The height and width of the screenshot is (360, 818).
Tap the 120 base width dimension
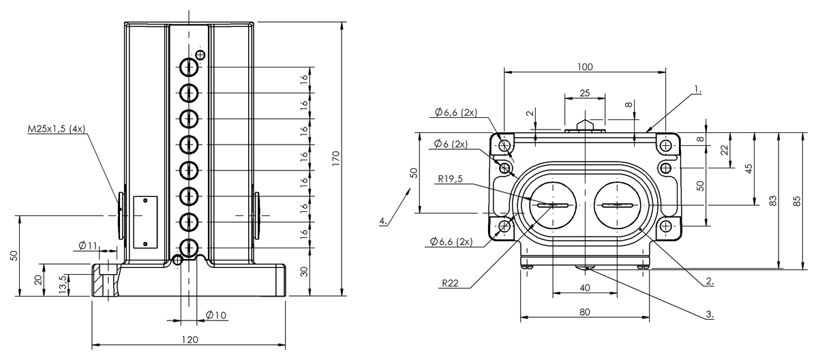click(x=190, y=340)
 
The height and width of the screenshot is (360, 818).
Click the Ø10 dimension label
click(x=215, y=314)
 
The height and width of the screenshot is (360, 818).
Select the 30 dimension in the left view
click(x=303, y=271)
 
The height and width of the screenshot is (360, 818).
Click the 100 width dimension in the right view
click(x=584, y=67)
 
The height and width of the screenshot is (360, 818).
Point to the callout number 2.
click(x=710, y=280)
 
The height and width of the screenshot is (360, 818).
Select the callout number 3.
click(x=710, y=314)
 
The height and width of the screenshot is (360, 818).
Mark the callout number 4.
click(x=384, y=220)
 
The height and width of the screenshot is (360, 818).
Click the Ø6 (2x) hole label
click(x=450, y=144)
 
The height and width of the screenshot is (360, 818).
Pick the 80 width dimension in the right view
click(x=584, y=312)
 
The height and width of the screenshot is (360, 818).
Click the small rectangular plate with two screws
click(x=145, y=222)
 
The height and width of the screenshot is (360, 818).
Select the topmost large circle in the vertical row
click(x=189, y=67)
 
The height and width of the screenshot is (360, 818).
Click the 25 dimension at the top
click(x=584, y=92)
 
